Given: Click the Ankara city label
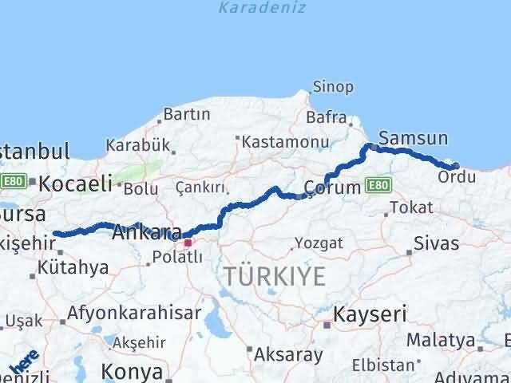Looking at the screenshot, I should pos(146,233).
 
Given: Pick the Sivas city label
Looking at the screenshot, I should pos(437,243).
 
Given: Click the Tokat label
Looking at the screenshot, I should pos(412,207).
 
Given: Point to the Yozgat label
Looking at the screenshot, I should pos(319,243).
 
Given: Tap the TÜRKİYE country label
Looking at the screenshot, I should pos(274,277).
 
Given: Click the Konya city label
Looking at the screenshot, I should pos(133,371).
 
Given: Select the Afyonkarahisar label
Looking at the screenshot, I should pos(134,313).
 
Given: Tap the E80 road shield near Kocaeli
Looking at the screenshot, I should pos(12,182).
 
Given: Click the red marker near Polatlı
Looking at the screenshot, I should pos(188,242).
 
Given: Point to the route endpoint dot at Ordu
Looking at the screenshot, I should pos(455,166).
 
